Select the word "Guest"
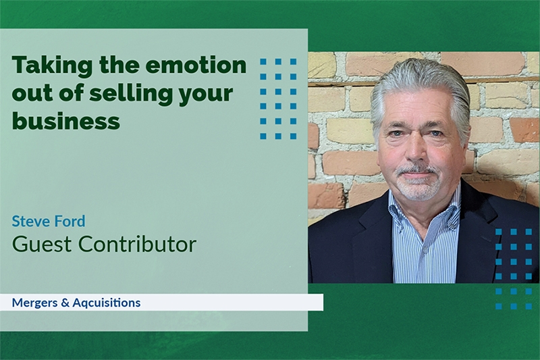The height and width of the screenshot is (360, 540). (42, 244)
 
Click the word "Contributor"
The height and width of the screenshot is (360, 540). (137, 244)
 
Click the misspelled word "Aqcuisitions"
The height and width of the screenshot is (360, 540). (107, 303)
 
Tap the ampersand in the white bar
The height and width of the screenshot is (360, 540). (65, 303)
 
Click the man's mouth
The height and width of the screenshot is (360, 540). (416, 174)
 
